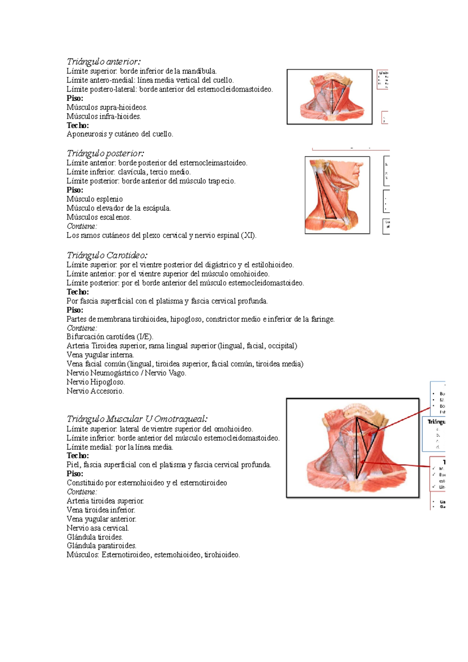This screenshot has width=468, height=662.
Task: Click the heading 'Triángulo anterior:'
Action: pos(103,62)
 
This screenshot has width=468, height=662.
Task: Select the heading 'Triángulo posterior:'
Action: pos(105,153)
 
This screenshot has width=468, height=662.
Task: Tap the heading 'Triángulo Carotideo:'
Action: pos(107,255)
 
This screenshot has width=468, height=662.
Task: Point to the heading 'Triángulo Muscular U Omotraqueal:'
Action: pos(137,419)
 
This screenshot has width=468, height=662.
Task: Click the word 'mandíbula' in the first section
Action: pos(199,71)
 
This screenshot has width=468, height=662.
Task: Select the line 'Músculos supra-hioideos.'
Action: pos(107,107)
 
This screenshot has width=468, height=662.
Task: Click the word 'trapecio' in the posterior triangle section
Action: pos(222,181)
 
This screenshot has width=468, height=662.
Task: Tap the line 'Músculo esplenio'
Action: pos(94,199)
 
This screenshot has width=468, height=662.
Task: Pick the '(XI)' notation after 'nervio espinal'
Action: pos(248,235)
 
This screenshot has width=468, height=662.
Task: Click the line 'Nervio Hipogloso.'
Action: pos(96,382)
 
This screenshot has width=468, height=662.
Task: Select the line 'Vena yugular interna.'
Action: pos(100,355)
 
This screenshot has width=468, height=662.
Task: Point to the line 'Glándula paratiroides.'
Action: pos(101,546)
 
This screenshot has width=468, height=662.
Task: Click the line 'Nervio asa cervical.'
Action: pos(97,528)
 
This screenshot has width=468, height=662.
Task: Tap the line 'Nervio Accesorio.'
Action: pos(95,391)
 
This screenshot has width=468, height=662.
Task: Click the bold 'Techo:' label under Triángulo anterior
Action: pos(78,125)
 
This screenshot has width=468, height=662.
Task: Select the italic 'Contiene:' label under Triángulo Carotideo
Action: pos(82,328)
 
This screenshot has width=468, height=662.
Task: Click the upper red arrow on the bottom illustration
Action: pos(404,419)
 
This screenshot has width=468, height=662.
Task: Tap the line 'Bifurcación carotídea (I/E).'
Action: pos(110,336)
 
